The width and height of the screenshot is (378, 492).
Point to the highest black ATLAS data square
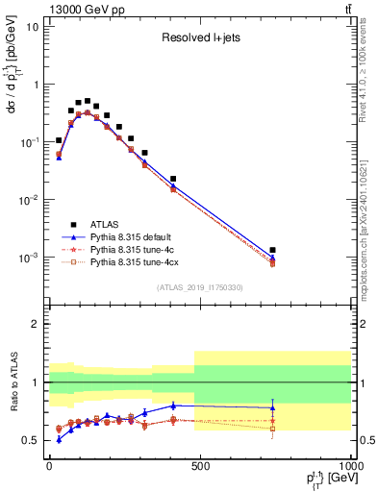pyautogui.click(x=87, y=101)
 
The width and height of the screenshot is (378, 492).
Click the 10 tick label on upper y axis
pyautogui.click(x=32, y=26)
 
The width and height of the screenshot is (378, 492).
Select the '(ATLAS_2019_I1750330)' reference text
pyautogui.click(x=200, y=287)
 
